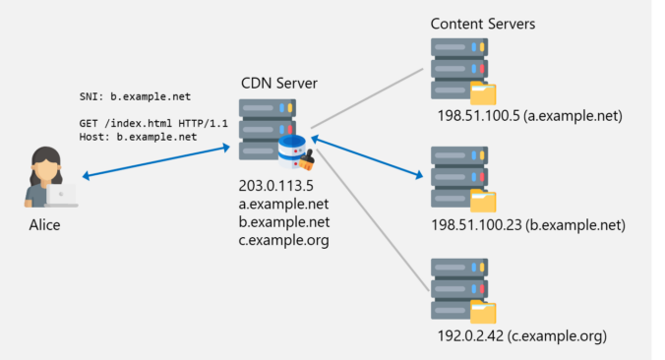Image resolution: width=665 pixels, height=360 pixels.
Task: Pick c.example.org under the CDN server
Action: pos(283,240)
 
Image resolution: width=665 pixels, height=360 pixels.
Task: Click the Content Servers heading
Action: pos(483,23)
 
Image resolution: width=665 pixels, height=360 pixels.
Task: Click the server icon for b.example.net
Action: pos(459,176)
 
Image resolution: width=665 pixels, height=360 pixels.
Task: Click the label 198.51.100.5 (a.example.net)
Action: pos(531,116)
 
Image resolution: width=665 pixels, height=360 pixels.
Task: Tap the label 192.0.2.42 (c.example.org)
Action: pos(522,336)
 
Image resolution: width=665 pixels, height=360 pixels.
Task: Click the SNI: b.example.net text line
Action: pos(135,97)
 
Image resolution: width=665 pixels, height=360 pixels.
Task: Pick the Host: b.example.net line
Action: pos(138,137)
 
